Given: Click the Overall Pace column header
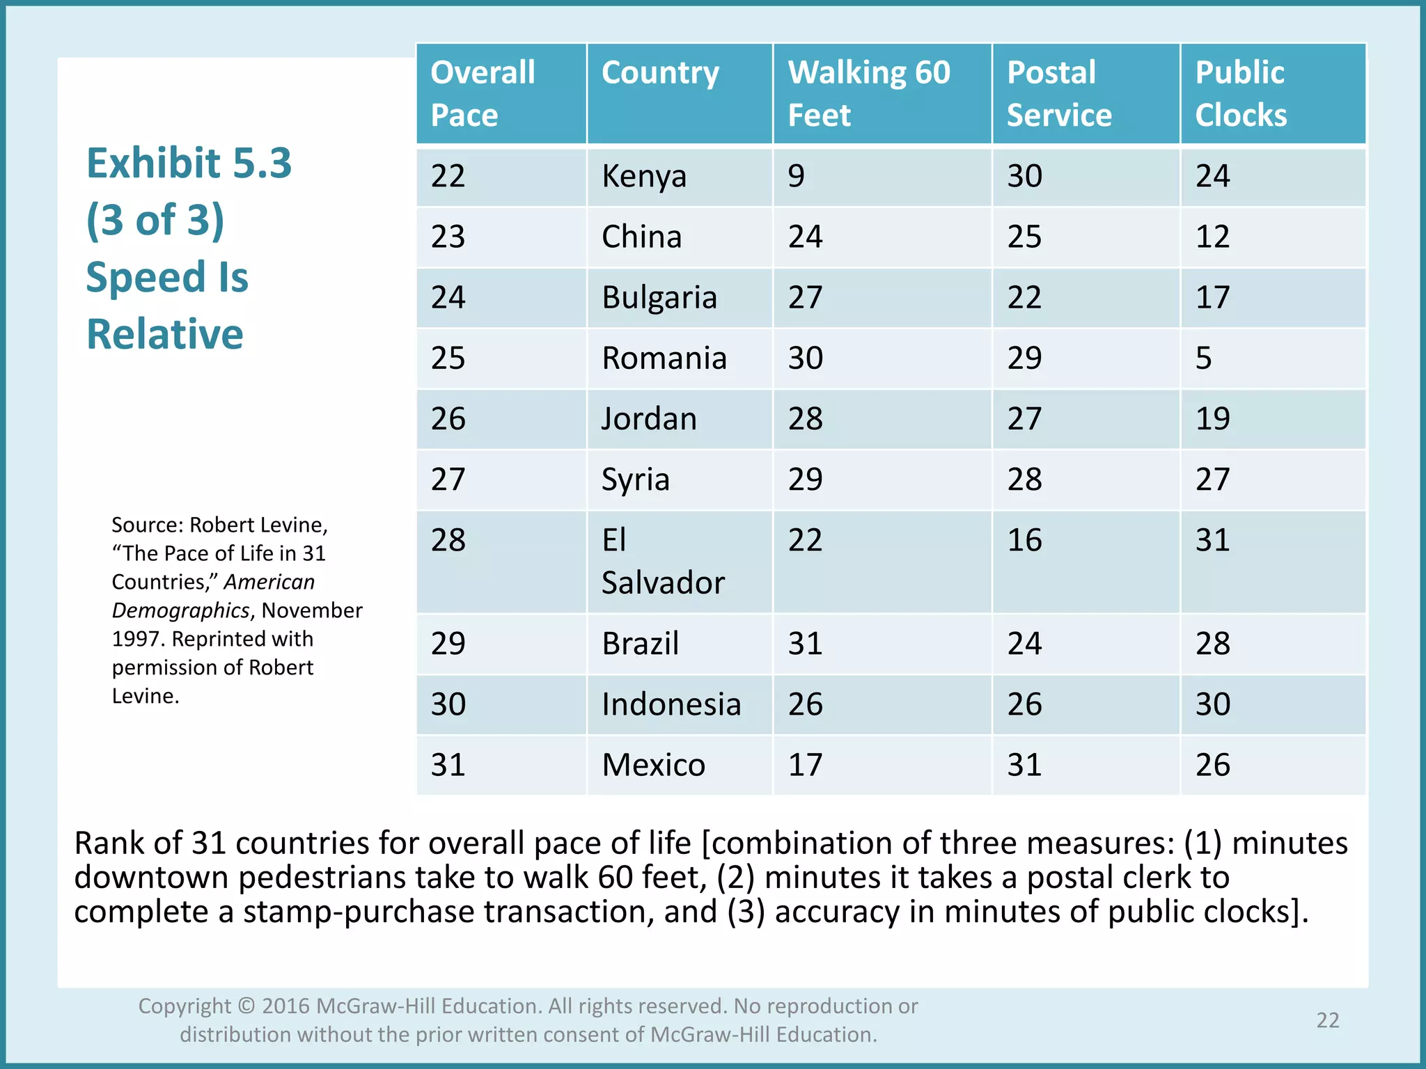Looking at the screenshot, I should coord(483,93).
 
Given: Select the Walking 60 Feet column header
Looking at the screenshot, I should coord(868,93).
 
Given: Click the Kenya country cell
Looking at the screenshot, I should coord(644,176).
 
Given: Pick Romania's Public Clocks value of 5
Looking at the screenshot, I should coord(1204,358).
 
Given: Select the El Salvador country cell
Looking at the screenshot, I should coord(662,561).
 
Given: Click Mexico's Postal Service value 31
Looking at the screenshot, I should coord(1024,765).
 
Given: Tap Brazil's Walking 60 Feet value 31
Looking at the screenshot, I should coord(805,643).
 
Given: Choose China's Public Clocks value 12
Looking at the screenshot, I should coord(1212,237).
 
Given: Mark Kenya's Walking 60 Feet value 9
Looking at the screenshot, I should coord(796,176).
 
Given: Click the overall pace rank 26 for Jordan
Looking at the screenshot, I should coord(448,419).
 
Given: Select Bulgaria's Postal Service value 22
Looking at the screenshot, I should coord(1024,298).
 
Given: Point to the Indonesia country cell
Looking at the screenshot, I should coord(671,704).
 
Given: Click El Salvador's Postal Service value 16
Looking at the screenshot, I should coord(1024,541).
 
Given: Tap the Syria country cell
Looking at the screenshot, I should coord(635,480).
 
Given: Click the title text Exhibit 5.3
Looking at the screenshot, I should coord(189,164).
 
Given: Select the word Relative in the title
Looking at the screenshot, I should coord(165,334).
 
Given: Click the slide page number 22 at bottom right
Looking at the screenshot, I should coord(1327,1020).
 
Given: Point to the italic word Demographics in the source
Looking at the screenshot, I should coord(180,610).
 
